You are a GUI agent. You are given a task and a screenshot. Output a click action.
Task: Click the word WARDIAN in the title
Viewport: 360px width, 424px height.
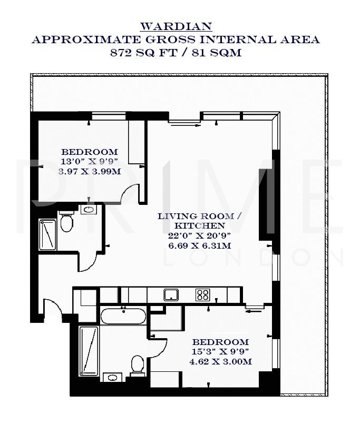[176, 26]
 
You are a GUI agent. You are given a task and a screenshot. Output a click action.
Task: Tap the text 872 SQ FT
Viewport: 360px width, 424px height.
[140, 53]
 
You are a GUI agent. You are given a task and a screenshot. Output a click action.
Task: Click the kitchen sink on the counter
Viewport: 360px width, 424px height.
[171, 294]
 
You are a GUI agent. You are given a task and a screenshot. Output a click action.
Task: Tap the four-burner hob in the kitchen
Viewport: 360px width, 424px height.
[203, 294]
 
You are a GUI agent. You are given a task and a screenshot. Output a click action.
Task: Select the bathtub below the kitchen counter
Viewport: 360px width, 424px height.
[123, 317]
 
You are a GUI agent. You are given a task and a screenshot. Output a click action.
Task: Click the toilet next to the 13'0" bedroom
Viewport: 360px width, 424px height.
[66, 222]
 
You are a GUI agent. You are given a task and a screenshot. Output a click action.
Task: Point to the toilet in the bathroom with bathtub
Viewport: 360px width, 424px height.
[138, 364]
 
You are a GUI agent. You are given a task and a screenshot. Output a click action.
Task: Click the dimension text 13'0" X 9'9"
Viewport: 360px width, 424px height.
[89, 161]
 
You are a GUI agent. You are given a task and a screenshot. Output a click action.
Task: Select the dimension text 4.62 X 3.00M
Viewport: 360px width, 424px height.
[220, 361]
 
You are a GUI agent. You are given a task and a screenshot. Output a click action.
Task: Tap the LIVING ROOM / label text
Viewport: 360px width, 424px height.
[200, 216]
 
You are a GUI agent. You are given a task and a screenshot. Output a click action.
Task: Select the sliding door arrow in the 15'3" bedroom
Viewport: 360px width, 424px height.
[254, 311]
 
